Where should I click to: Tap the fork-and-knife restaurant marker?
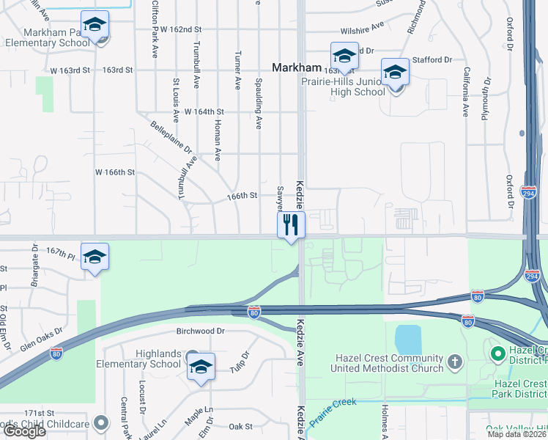click(292, 224)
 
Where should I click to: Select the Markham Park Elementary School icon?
click(95, 26)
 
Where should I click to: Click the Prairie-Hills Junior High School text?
click(344, 87)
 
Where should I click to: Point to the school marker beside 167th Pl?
click(95, 257)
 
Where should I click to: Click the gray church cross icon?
click(455, 361)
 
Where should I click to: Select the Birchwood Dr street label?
click(190, 331)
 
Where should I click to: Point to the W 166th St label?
click(116, 172)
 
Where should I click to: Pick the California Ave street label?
click(466, 92)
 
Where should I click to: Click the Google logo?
click(25, 431)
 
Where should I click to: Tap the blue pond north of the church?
click(407, 340)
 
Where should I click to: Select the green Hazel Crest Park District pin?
click(499, 356)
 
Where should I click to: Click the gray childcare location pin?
click(103, 422)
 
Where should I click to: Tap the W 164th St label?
click(204, 111)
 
